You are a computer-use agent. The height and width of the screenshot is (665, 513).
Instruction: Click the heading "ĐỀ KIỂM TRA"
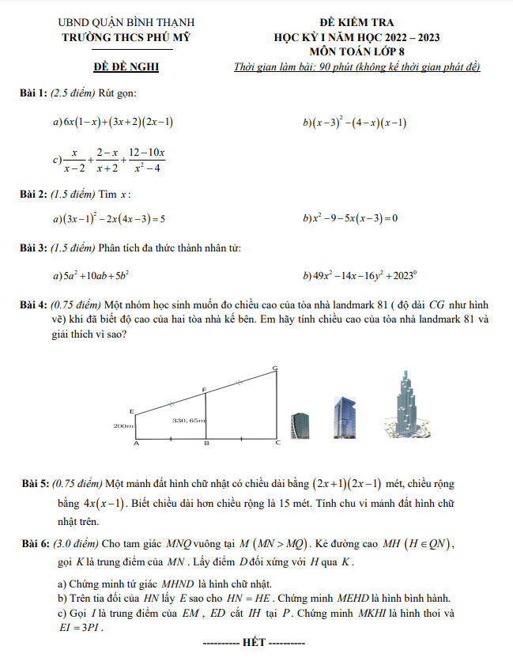356,23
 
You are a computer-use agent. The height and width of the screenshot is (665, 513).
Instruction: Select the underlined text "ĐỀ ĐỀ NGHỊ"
126,66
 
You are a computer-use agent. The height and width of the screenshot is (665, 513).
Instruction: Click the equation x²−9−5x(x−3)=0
353,218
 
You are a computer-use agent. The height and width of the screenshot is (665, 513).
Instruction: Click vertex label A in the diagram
135,444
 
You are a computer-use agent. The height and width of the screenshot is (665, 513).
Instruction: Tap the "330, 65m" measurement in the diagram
189,420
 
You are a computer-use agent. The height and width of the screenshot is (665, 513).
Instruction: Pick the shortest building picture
300,424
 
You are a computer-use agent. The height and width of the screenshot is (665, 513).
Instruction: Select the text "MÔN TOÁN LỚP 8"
356,51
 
